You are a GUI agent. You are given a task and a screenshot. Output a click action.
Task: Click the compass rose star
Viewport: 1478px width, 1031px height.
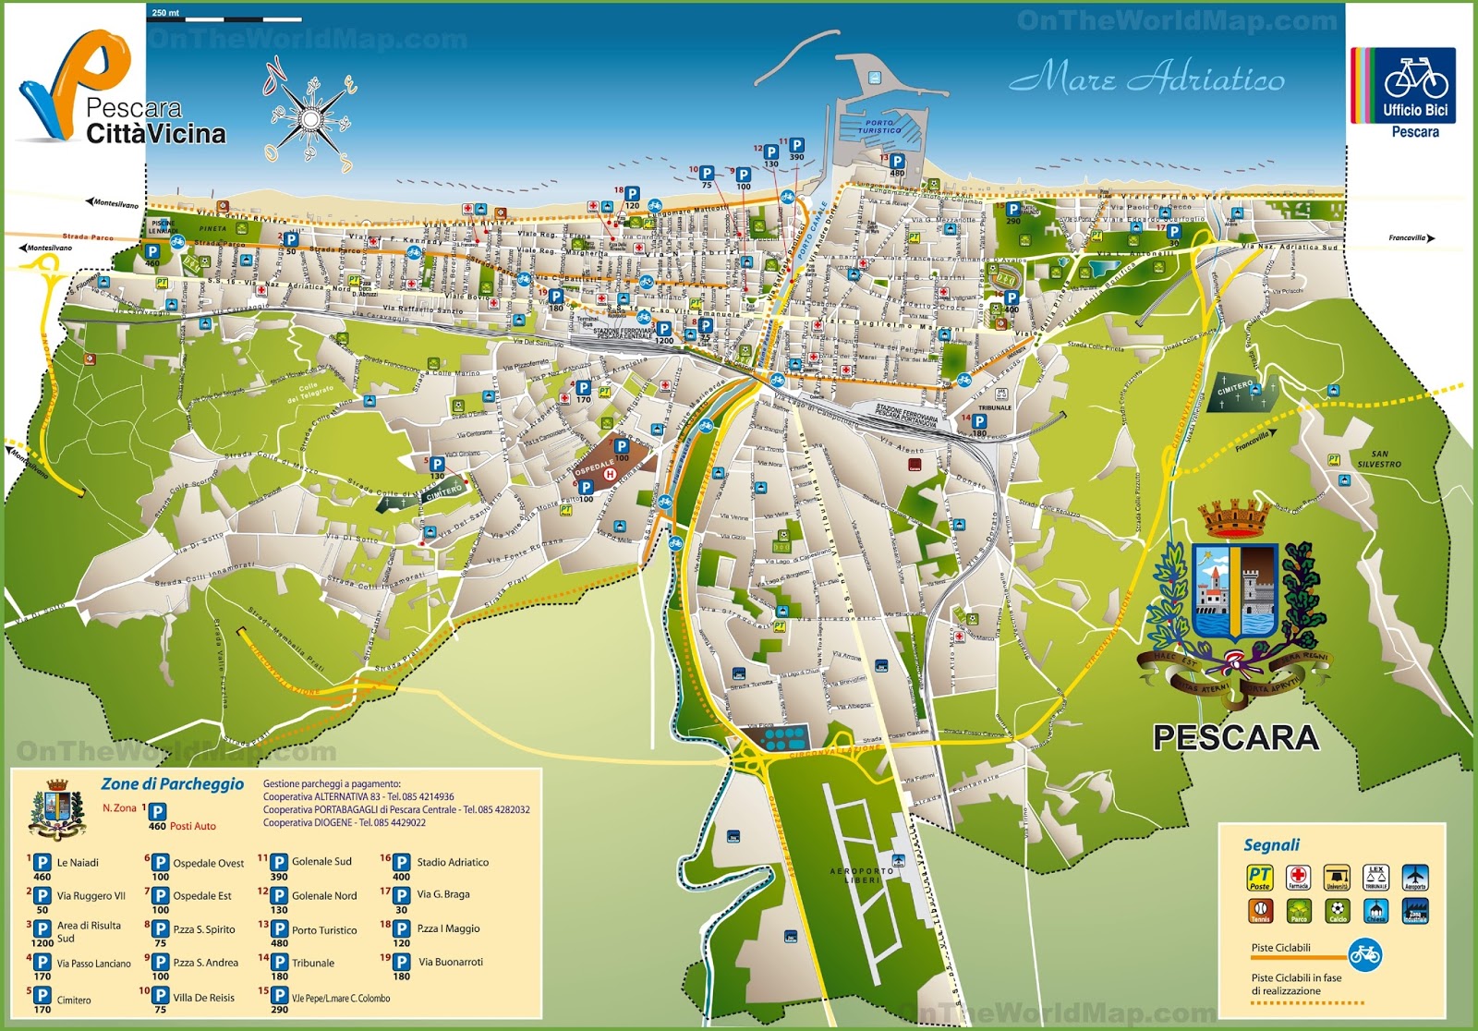pyautogui.click(x=311, y=119)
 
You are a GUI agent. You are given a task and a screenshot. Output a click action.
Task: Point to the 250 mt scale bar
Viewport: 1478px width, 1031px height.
pyautogui.click(x=226, y=16)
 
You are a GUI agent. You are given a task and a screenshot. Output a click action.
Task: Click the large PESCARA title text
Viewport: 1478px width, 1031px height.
pyautogui.click(x=1235, y=737)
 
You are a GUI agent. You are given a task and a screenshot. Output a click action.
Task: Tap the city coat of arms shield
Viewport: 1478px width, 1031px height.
pyautogui.click(x=1236, y=591)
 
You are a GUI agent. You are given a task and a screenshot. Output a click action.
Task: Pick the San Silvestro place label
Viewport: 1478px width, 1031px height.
pyautogui.click(x=1378, y=459)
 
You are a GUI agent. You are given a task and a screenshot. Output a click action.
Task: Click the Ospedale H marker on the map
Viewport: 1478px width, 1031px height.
pyautogui.click(x=610, y=474)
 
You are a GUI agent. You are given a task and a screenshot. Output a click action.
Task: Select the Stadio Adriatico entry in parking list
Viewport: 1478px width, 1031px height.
pyautogui.click(x=452, y=862)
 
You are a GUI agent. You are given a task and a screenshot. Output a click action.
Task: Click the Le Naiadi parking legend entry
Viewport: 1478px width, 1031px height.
pyautogui.click(x=78, y=863)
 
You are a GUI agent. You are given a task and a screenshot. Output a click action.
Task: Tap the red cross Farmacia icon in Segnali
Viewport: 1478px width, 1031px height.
pyautogui.click(x=1298, y=877)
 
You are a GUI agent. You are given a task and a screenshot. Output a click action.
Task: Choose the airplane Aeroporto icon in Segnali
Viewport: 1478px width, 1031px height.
pyautogui.click(x=1414, y=877)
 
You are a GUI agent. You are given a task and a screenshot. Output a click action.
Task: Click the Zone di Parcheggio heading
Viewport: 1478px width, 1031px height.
pyautogui.click(x=173, y=783)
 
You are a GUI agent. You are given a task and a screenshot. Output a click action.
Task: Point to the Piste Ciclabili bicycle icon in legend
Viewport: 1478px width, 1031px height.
pyautogui.click(x=1363, y=954)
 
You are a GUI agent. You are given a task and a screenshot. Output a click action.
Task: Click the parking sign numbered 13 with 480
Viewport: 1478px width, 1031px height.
pyautogui.click(x=896, y=163)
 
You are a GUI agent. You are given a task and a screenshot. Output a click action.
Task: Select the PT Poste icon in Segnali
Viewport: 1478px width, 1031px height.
pyautogui.click(x=1259, y=877)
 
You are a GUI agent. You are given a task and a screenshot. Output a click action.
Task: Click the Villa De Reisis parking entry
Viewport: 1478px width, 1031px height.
pyautogui.click(x=203, y=998)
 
